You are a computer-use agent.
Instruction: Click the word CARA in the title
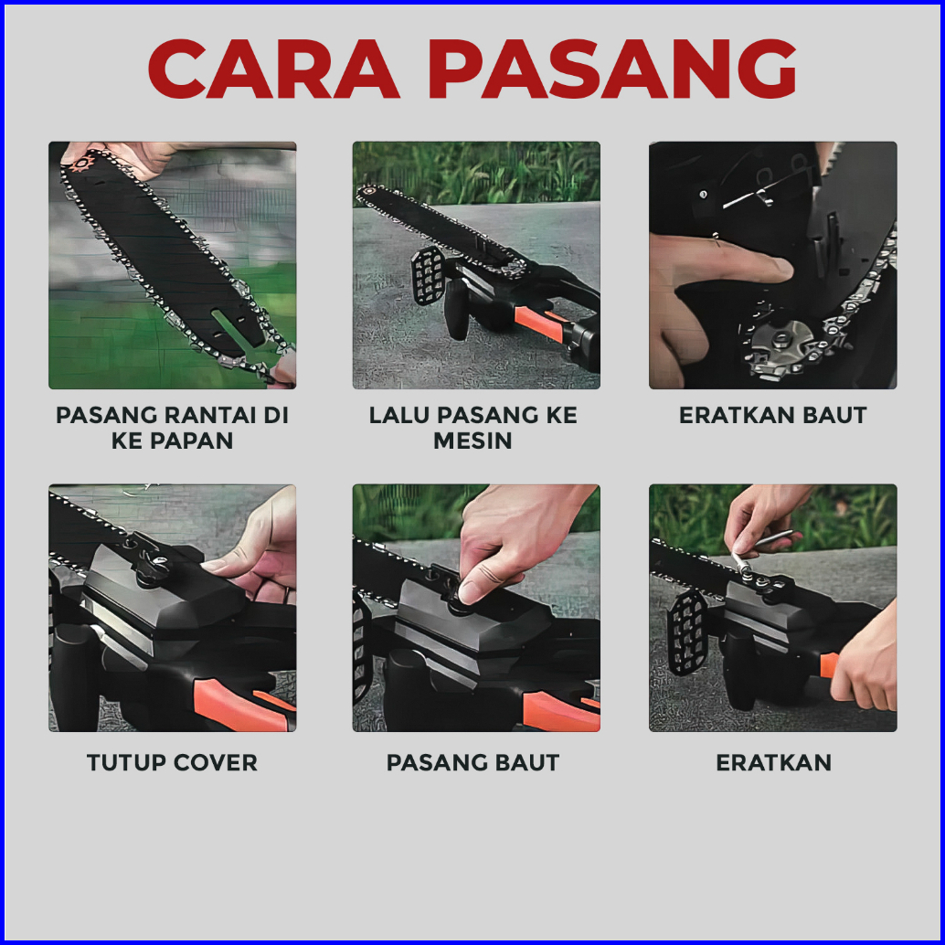(273, 69)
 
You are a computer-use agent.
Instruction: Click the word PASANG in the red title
(612, 69)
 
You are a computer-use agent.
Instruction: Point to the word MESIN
(472, 441)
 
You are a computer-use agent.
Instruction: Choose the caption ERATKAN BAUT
(772, 415)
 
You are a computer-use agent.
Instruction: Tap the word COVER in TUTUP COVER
(215, 762)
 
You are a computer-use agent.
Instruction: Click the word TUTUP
(126, 762)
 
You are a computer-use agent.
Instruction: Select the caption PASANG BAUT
(472, 762)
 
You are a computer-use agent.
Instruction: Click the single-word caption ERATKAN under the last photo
(773, 762)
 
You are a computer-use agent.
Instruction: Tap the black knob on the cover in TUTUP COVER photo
(152, 566)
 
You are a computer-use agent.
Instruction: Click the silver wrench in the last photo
(760, 549)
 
